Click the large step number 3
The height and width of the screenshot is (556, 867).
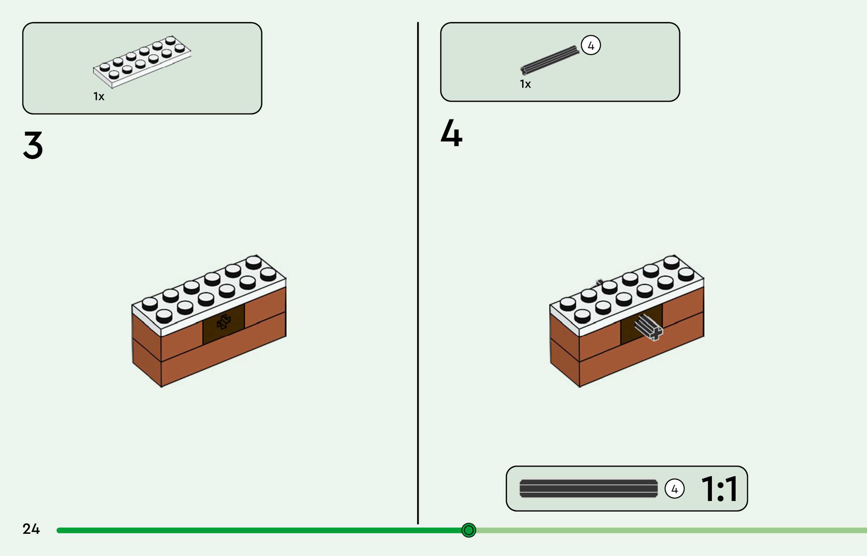pyautogui.click(x=33, y=145)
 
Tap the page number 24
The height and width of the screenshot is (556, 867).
pyautogui.click(x=31, y=529)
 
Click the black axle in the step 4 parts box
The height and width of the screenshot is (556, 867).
pyautogui.click(x=550, y=60)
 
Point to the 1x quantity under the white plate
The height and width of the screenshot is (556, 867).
pyautogui.click(x=99, y=97)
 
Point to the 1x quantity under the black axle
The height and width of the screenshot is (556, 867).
pyautogui.click(x=525, y=84)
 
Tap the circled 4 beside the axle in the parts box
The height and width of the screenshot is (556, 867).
pyautogui.click(x=591, y=46)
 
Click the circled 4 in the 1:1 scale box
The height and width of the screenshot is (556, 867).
pyautogui.click(x=674, y=489)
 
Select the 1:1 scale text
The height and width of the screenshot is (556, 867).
pyautogui.click(x=719, y=489)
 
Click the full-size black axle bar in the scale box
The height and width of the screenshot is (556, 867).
pyautogui.click(x=588, y=489)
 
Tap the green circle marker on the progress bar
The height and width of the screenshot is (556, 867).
pyautogui.click(x=469, y=530)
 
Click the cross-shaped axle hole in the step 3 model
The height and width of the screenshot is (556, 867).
pyautogui.click(x=224, y=322)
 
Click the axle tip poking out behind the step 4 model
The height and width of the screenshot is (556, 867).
pyautogui.click(x=599, y=282)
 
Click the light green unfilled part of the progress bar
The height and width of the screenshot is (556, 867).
pyautogui.click(x=670, y=530)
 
